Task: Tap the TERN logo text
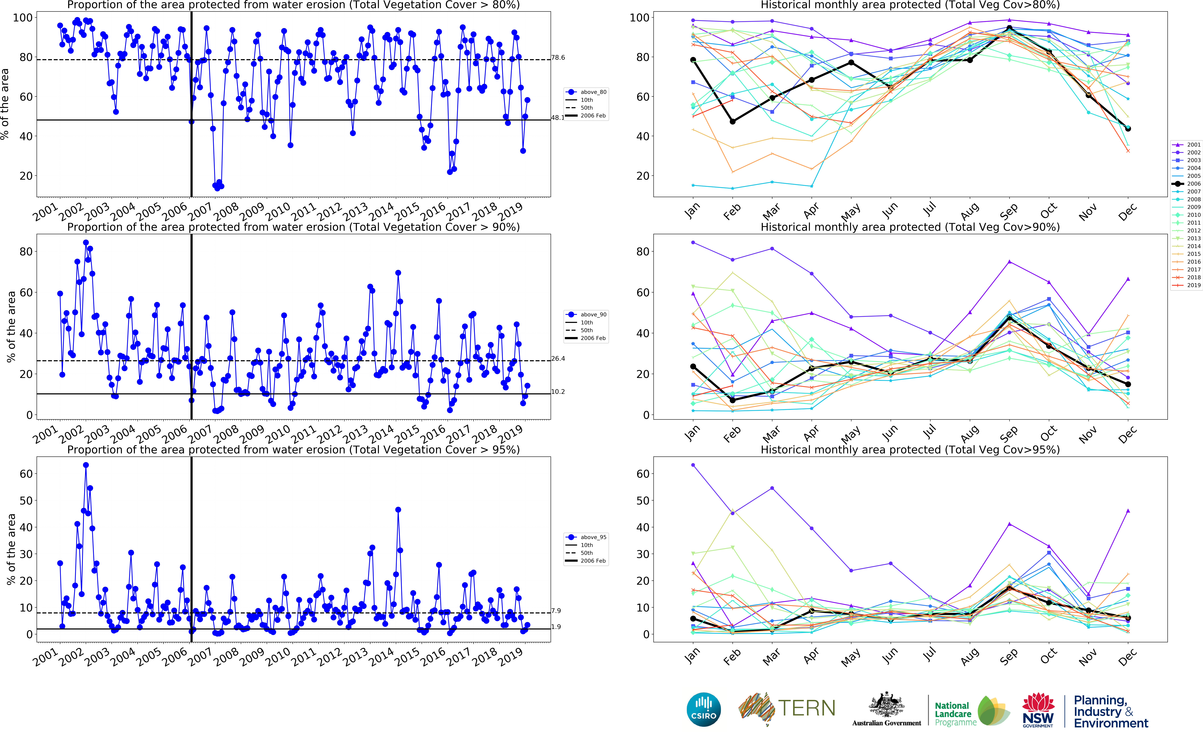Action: point(806,708)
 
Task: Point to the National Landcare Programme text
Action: point(953,714)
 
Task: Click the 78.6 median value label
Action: point(558,58)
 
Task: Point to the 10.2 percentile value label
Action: point(558,392)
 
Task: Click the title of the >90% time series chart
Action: point(293,227)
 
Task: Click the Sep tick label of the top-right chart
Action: point(1008,212)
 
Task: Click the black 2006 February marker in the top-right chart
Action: point(733,122)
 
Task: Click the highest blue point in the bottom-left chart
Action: point(86,465)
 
